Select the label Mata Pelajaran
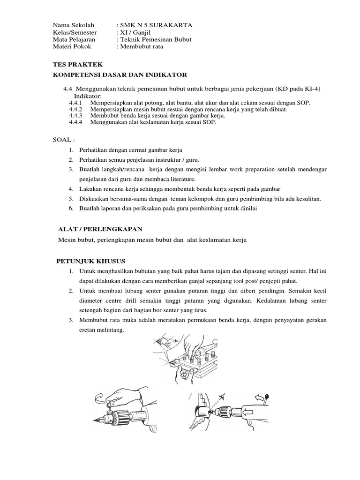70,39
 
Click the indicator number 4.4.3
75,115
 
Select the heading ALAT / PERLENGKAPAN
99,228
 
